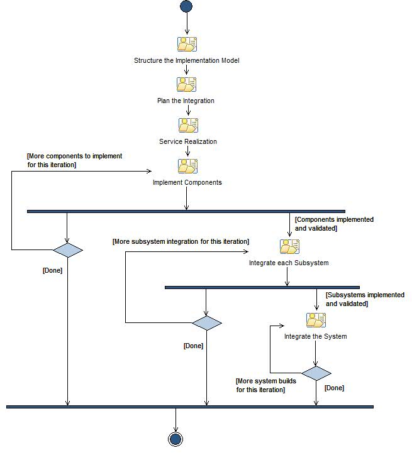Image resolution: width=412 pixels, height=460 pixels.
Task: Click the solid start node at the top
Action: tap(186, 6)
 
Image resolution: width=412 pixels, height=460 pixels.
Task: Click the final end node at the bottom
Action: tap(175, 439)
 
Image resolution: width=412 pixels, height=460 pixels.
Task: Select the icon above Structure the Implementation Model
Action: tap(187, 44)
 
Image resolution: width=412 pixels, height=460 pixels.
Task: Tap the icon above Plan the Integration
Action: tap(187, 85)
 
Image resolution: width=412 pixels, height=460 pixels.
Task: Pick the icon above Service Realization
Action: tap(187, 125)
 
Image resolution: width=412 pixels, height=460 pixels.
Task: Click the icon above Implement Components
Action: tap(187, 166)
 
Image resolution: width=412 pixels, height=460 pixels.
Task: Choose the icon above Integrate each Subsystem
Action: tap(289, 246)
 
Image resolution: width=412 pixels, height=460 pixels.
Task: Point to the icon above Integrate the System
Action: tap(316, 320)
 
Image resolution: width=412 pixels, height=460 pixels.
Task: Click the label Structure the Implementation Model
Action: tap(187, 61)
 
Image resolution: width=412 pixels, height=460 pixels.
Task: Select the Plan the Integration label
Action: tap(186, 101)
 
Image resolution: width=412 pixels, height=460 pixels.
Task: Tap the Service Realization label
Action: tap(187, 141)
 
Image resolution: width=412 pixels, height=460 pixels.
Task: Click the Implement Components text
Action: tap(187, 183)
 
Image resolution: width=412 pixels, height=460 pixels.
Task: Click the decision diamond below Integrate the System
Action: tap(316, 373)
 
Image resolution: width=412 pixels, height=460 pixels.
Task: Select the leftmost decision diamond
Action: tap(67, 250)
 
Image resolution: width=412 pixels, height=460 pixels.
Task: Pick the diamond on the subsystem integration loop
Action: tap(206, 323)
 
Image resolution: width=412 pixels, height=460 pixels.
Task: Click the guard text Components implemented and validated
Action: tap(334, 224)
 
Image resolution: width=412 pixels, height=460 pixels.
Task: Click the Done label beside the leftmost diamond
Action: tap(52, 270)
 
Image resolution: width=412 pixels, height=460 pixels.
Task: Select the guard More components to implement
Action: tap(74, 160)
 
